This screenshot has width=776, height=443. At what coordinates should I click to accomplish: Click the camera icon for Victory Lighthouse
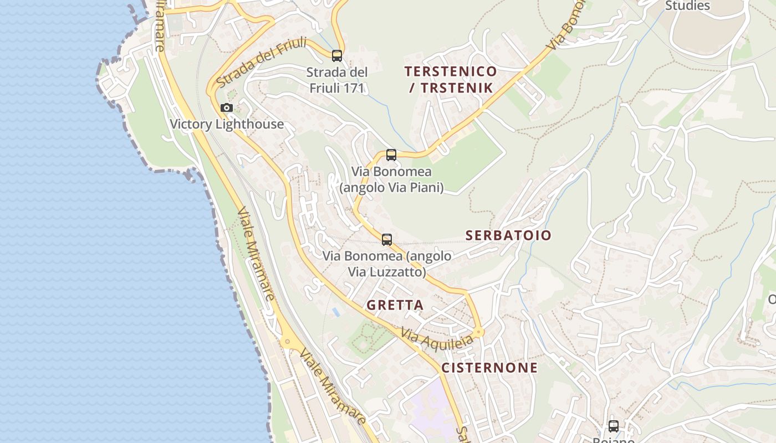pos(226,107)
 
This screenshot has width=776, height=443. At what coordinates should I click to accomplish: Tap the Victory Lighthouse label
pos(227,124)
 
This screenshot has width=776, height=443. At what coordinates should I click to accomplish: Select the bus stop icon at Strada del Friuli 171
pos(337,55)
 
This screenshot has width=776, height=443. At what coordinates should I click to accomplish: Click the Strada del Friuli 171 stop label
pos(337,80)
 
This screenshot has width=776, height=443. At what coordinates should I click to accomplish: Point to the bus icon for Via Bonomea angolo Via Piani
pos(391,155)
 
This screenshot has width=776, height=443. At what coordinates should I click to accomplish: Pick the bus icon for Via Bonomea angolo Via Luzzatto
pos(387,240)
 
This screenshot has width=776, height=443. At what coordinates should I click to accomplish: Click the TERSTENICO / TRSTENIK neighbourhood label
pos(451,79)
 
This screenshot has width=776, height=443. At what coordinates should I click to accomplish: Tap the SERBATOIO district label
pos(508,235)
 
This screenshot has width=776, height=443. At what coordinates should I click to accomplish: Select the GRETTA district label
pos(395,305)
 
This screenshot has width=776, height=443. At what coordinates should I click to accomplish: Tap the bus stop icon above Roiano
pos(614,426)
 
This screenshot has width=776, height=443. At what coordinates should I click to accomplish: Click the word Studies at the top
pos(687,6)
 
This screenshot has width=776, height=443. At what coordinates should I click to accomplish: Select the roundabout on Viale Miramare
pos(288,341)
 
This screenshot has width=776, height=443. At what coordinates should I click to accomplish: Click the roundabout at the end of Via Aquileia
pos(479,332)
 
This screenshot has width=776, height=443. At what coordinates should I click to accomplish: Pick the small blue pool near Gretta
pos(336,312)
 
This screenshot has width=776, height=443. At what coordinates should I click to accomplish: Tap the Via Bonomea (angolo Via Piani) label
pos(391,180)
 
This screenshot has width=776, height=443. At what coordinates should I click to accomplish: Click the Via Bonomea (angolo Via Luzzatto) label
pos(387,264)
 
